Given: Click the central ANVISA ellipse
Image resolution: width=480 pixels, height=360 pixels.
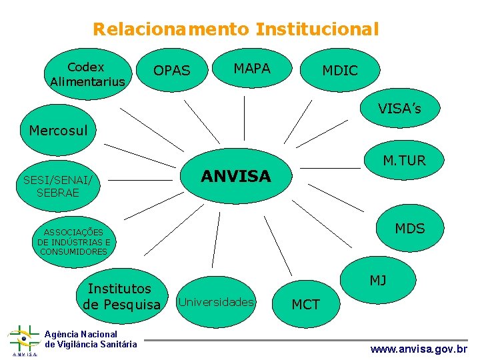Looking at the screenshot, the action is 236,176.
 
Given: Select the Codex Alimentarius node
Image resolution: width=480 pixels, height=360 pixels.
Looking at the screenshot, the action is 87,74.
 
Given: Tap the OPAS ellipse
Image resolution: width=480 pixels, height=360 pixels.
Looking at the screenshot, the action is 172,70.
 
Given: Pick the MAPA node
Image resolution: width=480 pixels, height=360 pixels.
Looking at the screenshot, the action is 251,69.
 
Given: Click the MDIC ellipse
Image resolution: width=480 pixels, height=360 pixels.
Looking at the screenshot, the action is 340,71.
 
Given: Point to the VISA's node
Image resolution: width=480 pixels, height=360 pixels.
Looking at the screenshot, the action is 399,108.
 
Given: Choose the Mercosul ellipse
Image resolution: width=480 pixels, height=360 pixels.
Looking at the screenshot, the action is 59,130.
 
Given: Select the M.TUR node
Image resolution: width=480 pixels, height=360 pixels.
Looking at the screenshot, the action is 404,161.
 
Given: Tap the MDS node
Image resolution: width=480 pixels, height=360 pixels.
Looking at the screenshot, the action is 409,229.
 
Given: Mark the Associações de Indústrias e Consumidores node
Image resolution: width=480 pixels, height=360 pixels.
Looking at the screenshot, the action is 73,242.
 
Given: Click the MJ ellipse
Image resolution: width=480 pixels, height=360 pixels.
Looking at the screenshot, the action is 378,281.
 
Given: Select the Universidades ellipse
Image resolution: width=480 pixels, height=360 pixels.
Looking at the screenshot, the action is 216,302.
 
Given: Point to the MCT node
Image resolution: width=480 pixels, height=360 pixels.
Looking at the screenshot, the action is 306,305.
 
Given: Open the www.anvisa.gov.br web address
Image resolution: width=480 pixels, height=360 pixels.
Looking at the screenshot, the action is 419,349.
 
